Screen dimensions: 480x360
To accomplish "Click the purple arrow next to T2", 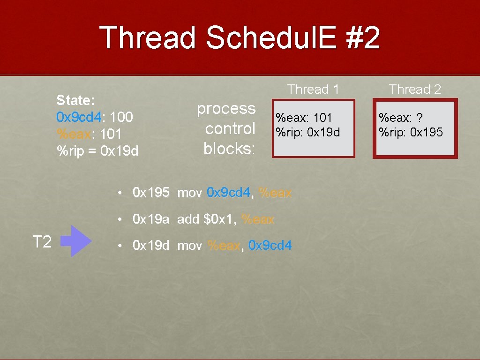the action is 76,241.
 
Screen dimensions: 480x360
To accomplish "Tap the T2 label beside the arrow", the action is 42,241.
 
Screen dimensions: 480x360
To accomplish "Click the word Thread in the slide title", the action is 147,37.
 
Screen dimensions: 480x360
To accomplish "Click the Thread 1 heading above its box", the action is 313,90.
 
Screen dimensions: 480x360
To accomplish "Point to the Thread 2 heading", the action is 415,90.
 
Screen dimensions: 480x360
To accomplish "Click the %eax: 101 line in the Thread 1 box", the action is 303,118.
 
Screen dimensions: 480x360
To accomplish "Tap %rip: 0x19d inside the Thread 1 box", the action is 307,132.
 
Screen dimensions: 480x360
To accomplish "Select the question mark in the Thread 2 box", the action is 420,118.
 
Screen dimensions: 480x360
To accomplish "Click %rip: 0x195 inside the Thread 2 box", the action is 411,132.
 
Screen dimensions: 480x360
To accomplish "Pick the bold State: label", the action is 75,100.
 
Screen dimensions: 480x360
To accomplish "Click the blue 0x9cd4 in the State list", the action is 79,117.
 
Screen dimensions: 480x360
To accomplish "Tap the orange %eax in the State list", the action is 74,134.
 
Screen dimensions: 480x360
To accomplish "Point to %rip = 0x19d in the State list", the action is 97,150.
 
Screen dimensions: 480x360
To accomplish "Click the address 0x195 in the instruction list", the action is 151,193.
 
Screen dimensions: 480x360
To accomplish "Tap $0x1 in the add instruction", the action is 219,219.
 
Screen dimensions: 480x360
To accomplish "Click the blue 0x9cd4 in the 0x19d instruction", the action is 270,245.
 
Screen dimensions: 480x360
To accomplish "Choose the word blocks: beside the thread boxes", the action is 229,149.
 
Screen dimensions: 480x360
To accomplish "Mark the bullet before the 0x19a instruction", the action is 120,219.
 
